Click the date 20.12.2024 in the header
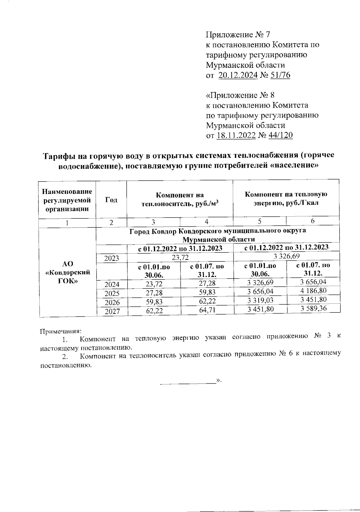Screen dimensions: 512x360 coord(238,75)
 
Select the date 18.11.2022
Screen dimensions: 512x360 coord(236,135)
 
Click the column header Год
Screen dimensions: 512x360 coord(111,200)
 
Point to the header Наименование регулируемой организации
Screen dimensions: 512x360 coord(67,200)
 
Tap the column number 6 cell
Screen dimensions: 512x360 coord(313,221)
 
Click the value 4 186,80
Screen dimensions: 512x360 coord(313,291)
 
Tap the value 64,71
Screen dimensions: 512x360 coord(207,310)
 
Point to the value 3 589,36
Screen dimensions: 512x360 coord(313,308)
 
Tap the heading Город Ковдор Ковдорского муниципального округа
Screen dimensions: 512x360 coord(217,231)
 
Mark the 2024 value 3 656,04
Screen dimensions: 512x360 coord(313,282)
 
